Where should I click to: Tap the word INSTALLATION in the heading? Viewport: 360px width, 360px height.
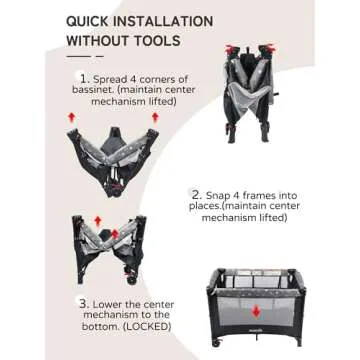coord(171,21)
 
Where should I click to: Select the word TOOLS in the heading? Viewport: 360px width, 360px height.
coord(157,42)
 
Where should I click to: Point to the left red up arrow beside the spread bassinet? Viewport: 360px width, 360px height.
coord(70,118)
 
